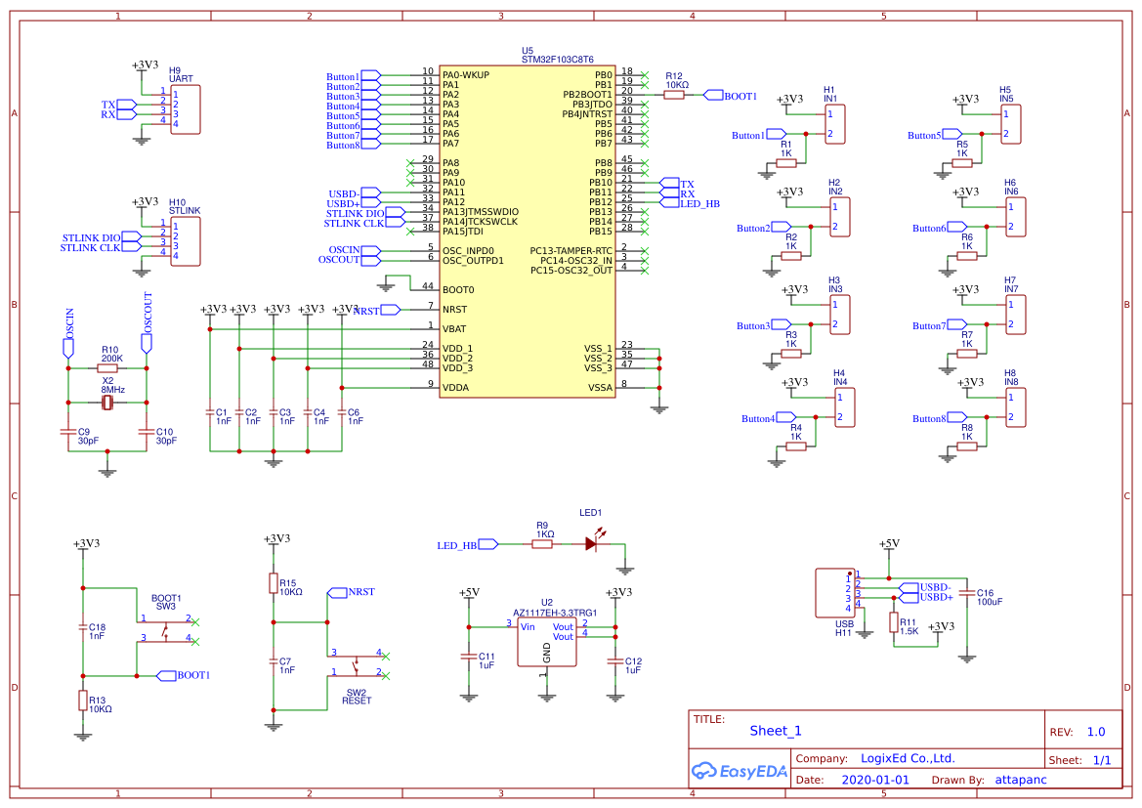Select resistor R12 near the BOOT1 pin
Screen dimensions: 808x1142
coord(674,96)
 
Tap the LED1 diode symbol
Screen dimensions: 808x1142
coord(592,543)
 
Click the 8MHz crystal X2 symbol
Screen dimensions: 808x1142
coord(107,403)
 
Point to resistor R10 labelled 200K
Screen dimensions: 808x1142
coord(107,368)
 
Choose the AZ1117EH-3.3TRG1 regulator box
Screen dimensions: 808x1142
coord(546,642)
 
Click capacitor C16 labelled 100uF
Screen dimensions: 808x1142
coord(967,593)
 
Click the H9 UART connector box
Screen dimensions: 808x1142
coord(185,109)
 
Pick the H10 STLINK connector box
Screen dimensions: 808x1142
coord(185,241)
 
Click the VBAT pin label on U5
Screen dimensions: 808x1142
coord(454,328)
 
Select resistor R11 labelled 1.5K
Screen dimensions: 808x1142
coord(893,622)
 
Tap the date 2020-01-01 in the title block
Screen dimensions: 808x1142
coord(874,781)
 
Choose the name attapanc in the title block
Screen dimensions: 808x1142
coord(1020,781)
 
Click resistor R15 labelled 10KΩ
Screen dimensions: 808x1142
coord(274,583)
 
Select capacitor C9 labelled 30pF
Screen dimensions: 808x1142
coord(67,431)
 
